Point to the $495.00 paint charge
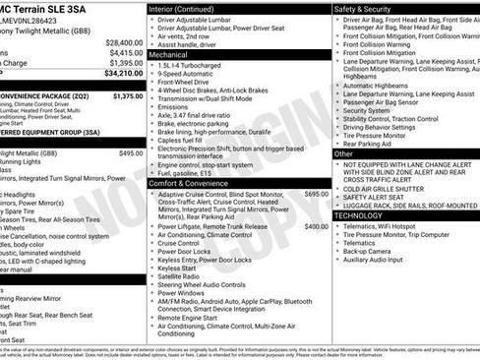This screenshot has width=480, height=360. coord(131,153)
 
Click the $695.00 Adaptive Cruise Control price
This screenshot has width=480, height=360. coord(317,167)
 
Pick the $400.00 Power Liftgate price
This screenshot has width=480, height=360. coord(317,226)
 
